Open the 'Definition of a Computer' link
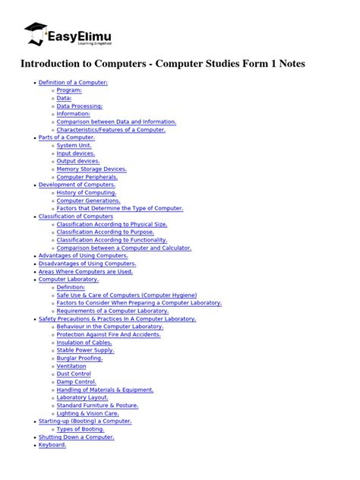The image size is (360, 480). (x=73, y=82)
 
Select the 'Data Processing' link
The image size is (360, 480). (x=79, y=106)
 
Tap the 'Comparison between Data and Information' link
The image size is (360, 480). (x=116, y=122)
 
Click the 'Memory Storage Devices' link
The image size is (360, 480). (x=91, y=169)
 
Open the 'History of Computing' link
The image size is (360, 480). (x=87, y=193)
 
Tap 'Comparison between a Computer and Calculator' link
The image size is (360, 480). (x=124, y=248)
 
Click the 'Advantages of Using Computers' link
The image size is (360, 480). (x=83, y=256)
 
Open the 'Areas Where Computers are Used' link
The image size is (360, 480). (x=85, y=271)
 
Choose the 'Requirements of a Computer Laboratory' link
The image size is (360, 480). (x=112, y=311)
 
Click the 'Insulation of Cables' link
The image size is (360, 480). (x=84, y=343)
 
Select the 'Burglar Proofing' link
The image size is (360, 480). (x=80, y=358)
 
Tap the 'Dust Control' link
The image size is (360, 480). (x=74, y=374)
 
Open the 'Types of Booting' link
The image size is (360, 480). (x=81, y=429)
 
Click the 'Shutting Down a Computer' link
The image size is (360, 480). (x=76, y=437)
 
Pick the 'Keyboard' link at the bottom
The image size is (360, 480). (x=52, y=445)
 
